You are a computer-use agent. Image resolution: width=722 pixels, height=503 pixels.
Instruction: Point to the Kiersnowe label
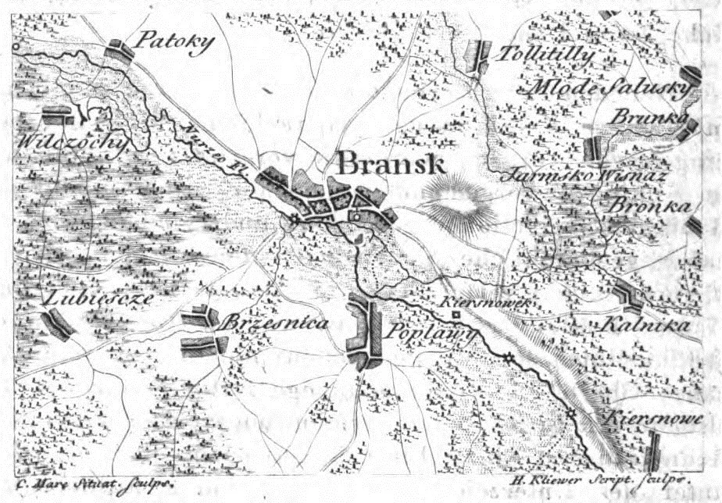652,416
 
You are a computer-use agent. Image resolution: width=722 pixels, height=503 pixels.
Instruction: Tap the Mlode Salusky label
610,87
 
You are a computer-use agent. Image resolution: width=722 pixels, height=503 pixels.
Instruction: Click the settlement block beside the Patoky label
121,51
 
